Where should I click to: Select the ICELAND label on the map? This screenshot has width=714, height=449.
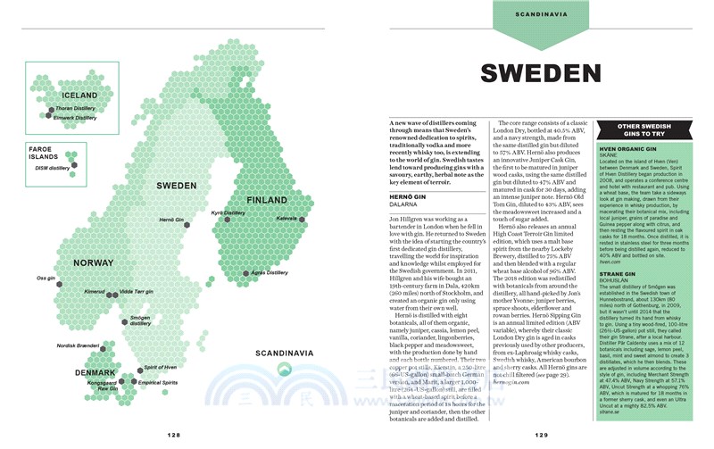pyautogui.click(x=79, y=96)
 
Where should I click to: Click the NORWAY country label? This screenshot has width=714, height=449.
pyautogui.click(x=93, y=263)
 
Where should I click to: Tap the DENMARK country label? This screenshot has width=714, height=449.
pyautogui.click(x=95, y=373)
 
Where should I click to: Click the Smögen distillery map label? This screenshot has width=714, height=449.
pyautogui.click(x=147, y=320)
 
